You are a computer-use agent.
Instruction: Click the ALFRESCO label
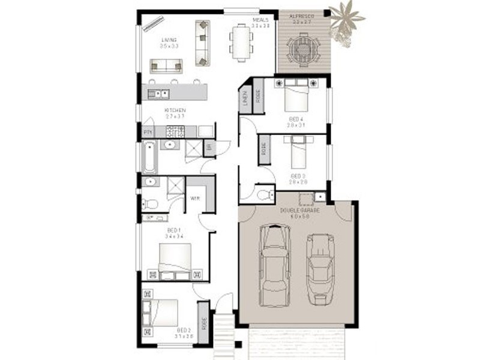coord(302,16)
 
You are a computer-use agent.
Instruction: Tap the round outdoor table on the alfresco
coord(302,47)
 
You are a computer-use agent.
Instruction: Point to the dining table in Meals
coord(241,42)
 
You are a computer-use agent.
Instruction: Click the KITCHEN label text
coord(176,110)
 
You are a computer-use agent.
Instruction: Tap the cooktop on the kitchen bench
coord(175,131)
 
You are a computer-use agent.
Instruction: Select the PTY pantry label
coord(147,132)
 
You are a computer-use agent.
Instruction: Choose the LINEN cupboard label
coord(245,98)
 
